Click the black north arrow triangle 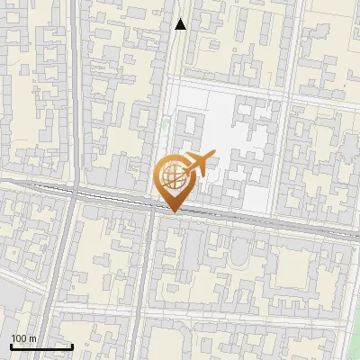click(181, 24)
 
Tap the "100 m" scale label click(24, 338)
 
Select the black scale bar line click(41, 346)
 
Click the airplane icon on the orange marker click(200, 164)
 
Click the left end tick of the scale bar click(11, 345)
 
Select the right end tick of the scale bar click(72, 345)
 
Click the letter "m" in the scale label click(32, 338)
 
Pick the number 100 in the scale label click(19, 338)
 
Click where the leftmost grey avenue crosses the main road click(73, 193)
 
